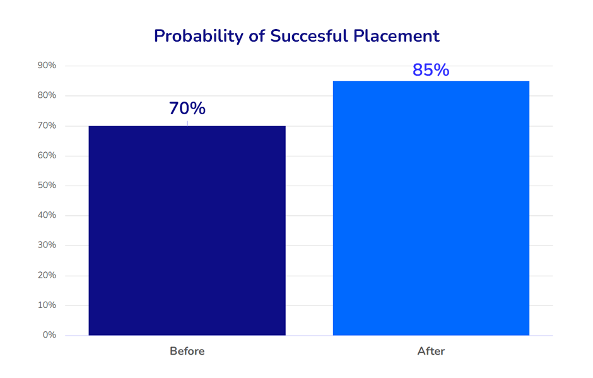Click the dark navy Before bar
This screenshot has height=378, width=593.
coord(187,230)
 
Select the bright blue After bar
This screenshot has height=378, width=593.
coord(431,208)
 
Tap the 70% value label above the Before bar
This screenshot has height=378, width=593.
coord(187,108)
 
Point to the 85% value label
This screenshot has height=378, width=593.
coord(431,70)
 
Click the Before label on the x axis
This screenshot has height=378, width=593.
coord(187,351)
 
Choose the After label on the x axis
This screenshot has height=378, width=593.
coord(431,351)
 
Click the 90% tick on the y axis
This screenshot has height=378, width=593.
coord(47,66)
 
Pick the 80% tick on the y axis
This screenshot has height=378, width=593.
coord(47,95)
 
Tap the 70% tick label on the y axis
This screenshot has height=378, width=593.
coord(47,126)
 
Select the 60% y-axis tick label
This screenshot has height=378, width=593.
coord(47,155)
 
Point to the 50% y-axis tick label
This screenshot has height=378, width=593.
coord(47,186)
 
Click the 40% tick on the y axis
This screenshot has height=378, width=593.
coord(47,215)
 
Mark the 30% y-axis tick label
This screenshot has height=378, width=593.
coord(47,245)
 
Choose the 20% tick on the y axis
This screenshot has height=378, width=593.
coord(47,276)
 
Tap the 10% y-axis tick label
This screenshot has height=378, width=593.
coord(47,305)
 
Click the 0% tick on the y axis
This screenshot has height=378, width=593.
coord(50,335)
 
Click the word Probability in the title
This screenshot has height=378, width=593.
coord(199,37)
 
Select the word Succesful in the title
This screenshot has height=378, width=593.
coord(309,36)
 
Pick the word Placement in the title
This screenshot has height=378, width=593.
coord(396,36)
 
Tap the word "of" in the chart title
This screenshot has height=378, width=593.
coord(257,36)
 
